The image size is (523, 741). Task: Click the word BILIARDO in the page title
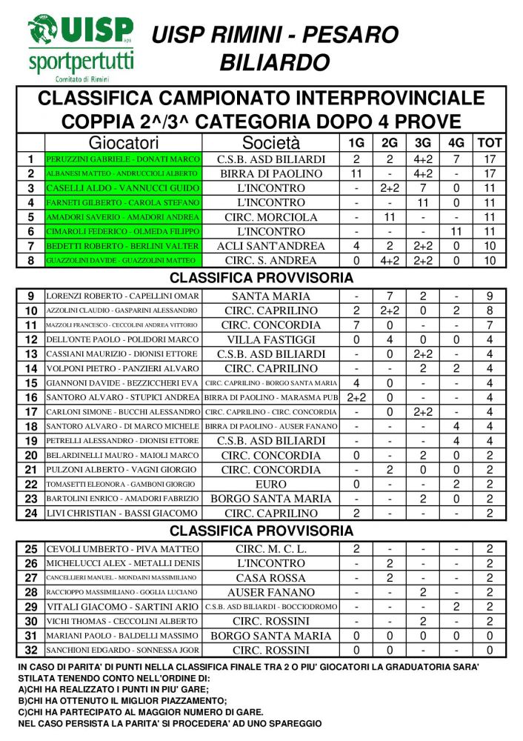274,62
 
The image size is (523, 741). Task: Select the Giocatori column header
124,142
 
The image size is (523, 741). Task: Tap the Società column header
271,142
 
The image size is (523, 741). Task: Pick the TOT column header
490,142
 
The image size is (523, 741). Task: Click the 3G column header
423,142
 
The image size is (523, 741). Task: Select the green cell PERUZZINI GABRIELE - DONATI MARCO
123,159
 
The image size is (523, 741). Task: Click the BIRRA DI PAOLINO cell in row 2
271,173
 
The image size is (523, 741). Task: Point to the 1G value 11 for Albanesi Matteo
356,173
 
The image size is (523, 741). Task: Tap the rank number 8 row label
30,260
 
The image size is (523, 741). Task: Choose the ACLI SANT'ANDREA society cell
271,246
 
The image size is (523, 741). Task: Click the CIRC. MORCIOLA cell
271,217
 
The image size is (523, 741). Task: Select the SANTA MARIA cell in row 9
271,296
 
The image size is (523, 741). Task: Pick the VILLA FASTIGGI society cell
271,339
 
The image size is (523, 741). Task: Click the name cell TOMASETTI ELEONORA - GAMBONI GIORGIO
123,484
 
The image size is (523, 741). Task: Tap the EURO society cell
271,484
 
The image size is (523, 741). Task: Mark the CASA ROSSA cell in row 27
271,578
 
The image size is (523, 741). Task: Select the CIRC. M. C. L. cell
271,549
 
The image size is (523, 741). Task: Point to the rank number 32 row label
30,651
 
